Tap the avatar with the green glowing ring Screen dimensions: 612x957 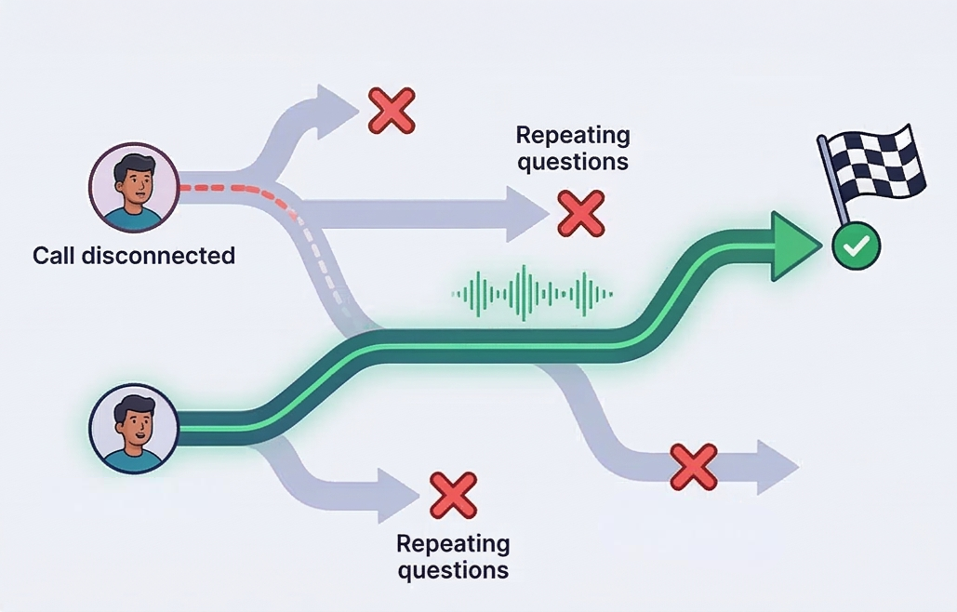(133, 429)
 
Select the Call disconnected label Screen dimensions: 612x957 (134, 255)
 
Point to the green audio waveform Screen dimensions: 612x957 (533, 293)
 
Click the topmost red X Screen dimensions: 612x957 (392, 111)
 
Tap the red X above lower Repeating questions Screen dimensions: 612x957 (453, 494)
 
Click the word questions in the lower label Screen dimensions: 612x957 (453, 569)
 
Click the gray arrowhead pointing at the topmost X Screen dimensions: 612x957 (333, 108)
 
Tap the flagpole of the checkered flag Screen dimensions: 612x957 (834, 182)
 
